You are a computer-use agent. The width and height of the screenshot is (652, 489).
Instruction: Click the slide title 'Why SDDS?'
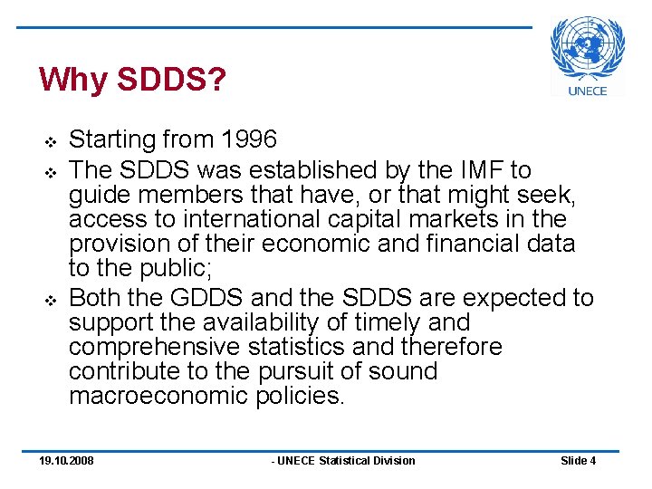point(131,80)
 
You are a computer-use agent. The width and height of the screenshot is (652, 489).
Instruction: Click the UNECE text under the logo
point(587,91)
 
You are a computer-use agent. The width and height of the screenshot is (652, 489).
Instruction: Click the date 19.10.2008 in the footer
point(66,461)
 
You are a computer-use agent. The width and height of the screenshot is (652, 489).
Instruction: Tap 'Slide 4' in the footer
point(578,461)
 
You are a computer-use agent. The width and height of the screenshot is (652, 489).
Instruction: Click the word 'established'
point(295,169)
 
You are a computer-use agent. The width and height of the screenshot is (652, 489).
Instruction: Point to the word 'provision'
point(117,244)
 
